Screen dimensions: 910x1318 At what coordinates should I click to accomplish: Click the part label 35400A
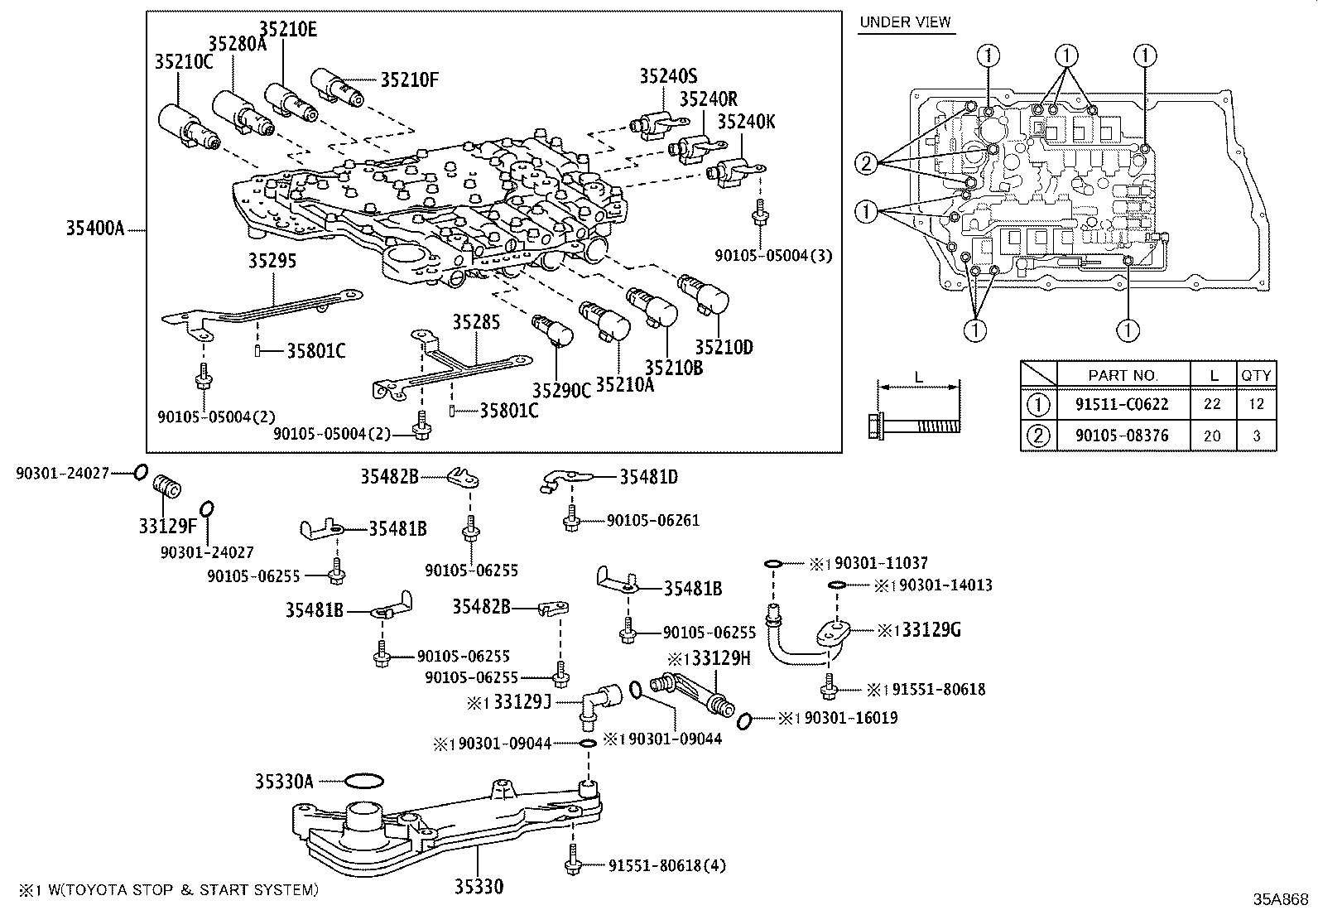(95, 229)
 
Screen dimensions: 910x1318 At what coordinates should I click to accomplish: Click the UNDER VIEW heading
(905, 22)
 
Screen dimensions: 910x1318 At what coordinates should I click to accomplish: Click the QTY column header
(1256, 375)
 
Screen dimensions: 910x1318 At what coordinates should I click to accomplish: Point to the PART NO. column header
(1123, 375)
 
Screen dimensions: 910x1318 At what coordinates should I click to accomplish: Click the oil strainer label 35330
(478, 887)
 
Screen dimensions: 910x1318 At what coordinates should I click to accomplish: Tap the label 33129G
(931, 630)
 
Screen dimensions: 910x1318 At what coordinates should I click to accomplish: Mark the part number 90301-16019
(844, 718)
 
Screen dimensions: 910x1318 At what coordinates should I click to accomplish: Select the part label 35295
(272, 261)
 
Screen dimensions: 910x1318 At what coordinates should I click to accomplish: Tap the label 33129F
(167, 525)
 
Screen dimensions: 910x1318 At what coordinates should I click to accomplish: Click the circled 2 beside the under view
(867, 163)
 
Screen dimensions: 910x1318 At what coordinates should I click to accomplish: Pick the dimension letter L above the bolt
(918, 378)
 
